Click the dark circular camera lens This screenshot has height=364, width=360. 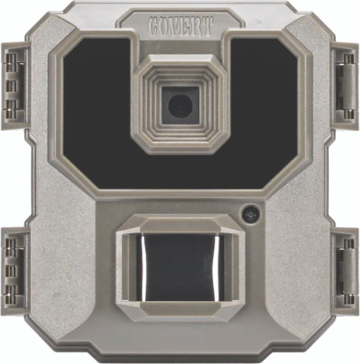coord(180,106)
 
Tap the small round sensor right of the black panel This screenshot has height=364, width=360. coord(250,215)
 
